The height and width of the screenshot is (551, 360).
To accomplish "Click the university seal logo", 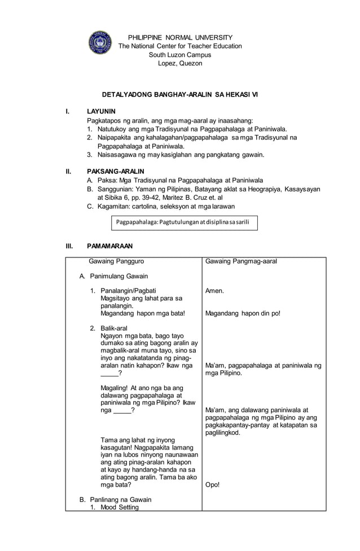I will point(100,42).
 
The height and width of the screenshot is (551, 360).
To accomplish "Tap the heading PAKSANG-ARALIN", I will point(115,171).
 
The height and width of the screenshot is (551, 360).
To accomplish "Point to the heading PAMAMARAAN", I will point(109,246).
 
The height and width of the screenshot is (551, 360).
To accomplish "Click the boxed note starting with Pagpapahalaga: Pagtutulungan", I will point(184,222).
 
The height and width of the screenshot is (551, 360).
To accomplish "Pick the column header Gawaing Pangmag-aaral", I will point(241,261).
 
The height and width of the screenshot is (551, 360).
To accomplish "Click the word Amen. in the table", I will point(214,291).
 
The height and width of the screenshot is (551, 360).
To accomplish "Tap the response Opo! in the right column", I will point(213,484).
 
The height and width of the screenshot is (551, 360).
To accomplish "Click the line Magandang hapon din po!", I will point(243,313).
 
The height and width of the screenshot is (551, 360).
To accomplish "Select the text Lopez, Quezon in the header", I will point(179,63).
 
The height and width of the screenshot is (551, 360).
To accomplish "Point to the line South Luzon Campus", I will point(179,55).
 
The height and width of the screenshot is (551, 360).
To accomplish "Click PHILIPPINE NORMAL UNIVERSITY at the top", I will point(179,37).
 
